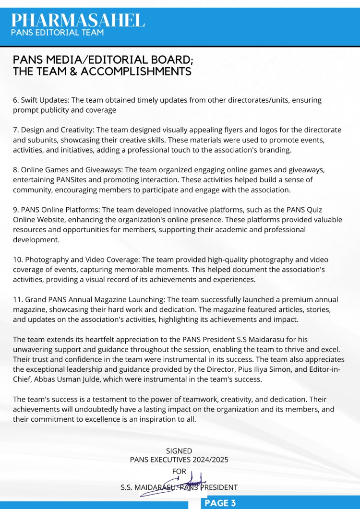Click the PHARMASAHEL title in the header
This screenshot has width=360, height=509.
coord(78,20)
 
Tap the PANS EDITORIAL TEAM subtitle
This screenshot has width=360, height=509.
coord(57,33)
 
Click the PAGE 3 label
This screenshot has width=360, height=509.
coord(220,503)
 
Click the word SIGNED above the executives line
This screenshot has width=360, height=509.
coord(179,451)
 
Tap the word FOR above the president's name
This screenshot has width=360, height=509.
coord(179,472)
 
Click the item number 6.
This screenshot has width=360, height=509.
coord(15,100)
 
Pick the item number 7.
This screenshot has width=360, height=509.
coord(15,130)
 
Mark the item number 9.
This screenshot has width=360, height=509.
coord(15,210)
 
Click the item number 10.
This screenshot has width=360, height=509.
coord(17,260)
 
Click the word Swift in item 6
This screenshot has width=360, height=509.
coord(30,100)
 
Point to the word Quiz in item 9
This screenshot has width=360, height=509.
coord(328,210)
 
